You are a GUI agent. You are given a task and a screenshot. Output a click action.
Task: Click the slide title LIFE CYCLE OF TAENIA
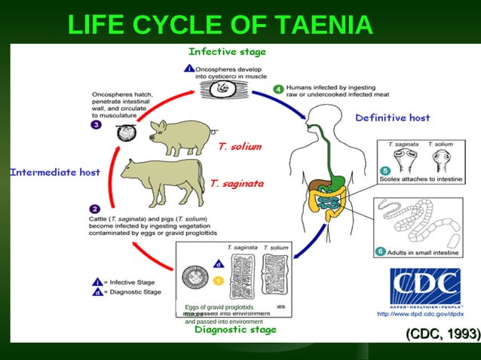pyautogui.click(x=220, y=25)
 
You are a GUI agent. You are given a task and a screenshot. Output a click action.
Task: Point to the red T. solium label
pyautogui.click(x=239, y=146)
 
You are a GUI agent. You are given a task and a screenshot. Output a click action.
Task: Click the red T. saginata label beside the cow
pyautogui.click(x=237, y=183)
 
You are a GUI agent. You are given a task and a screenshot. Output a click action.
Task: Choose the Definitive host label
pyautogui.click(x=392, y=118)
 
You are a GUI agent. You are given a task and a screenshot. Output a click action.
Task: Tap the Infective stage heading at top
pyautogui.click(x=227, y=52)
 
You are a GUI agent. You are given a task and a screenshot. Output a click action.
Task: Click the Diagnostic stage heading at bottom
pyautogui.click(x=235, y=329)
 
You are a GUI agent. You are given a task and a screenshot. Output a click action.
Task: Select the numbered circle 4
pyautogui.click(x=278, y=90)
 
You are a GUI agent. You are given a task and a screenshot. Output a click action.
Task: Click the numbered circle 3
pyautogui.click(x=96, y=125)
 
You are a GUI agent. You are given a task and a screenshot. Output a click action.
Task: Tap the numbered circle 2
pyautogui.click(x=96, y=208)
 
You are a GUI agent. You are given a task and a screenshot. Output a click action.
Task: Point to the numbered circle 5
pyautogui.click(x=384, y=171)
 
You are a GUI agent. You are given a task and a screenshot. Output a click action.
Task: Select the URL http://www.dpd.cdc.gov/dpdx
pyautogui.click(x=425, y=313)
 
